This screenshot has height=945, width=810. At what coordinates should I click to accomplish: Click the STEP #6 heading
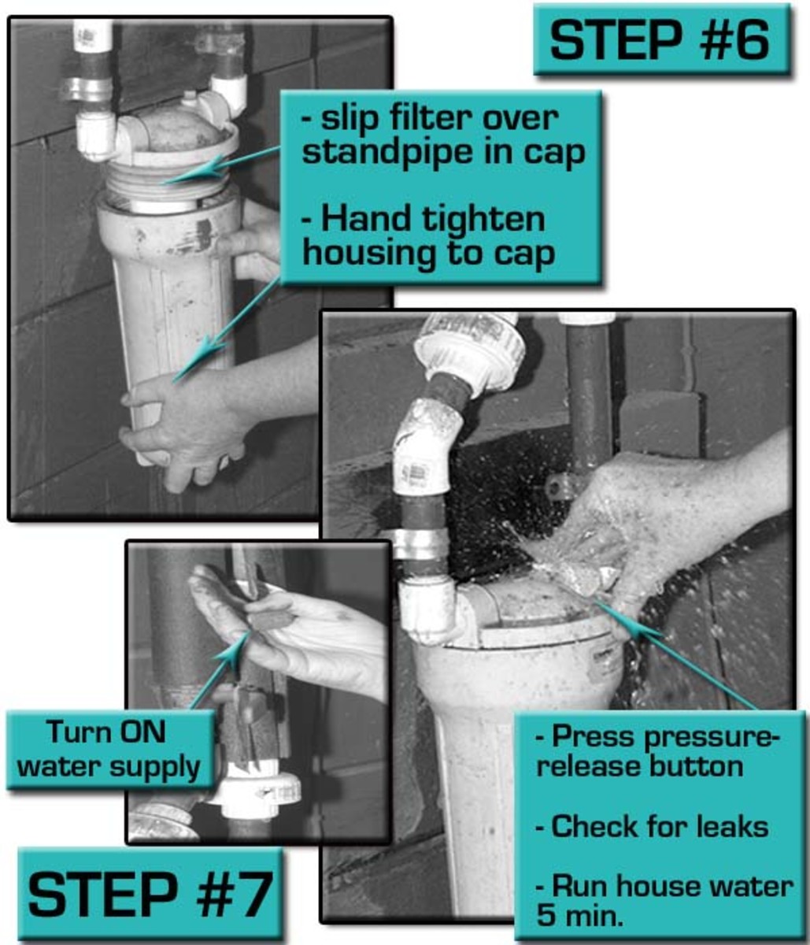click(x=661, y=40)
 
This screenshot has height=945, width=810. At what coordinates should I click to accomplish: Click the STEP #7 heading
click(x=150, y=894)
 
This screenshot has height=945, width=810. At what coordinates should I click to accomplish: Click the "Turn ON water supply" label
click(x=110, y=748)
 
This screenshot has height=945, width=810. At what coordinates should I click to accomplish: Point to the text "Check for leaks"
click(x=651, y=826)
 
